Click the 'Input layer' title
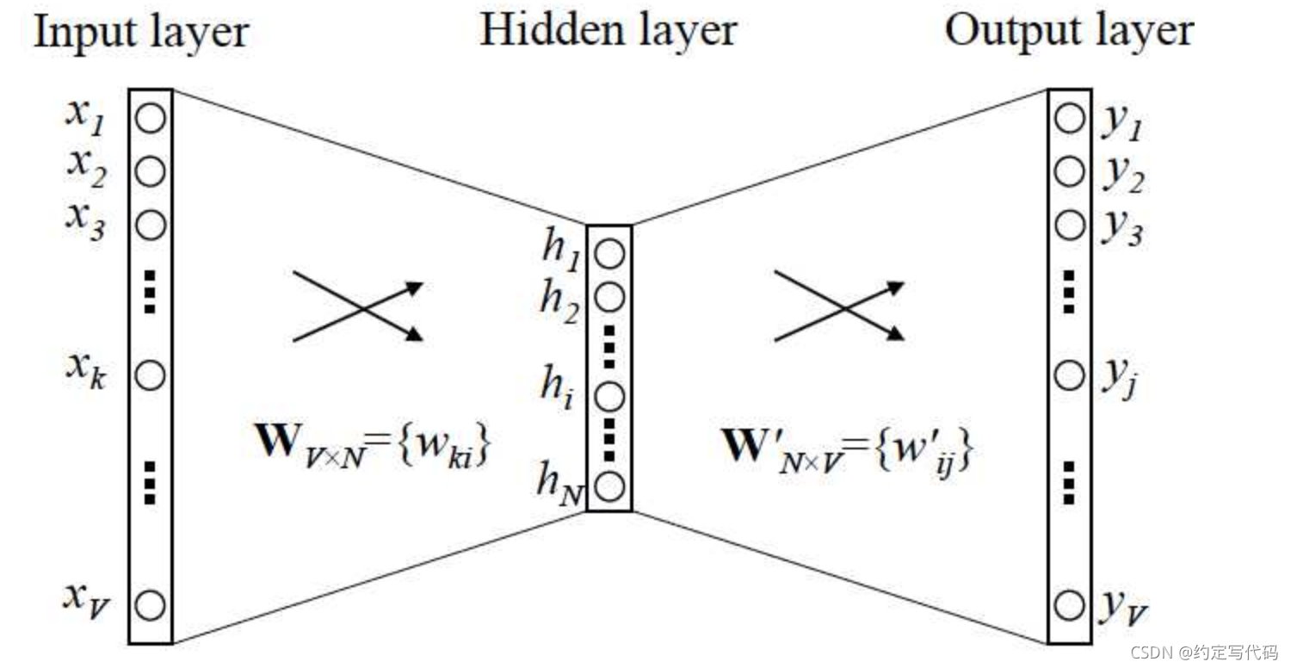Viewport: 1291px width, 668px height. click(x=141, y=33)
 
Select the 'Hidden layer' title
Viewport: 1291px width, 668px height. click(x=608, y=30)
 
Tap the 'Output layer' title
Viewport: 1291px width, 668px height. click(x=1069, y=31)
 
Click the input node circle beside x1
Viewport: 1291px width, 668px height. click(x=151, y=118)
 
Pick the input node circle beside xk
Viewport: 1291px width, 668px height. click(x=151, y=375)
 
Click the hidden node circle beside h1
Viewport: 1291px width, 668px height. click(x=609, y=255)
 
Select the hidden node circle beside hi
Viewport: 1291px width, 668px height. click(x=609, y=397)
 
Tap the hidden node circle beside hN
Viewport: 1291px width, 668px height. click(x=609, y=486)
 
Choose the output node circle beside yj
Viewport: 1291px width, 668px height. click(x=1069, y=375)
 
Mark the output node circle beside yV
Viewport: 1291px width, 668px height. click(x=1069, y=605)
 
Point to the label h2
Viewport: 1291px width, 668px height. click(x=559, y=301)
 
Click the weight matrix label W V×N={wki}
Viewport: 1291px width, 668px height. click(x=373, y=446)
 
